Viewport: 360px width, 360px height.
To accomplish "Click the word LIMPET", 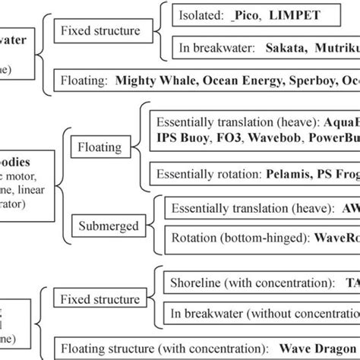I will pos(273,14).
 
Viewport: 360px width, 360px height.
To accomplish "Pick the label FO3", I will pos(223,139).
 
